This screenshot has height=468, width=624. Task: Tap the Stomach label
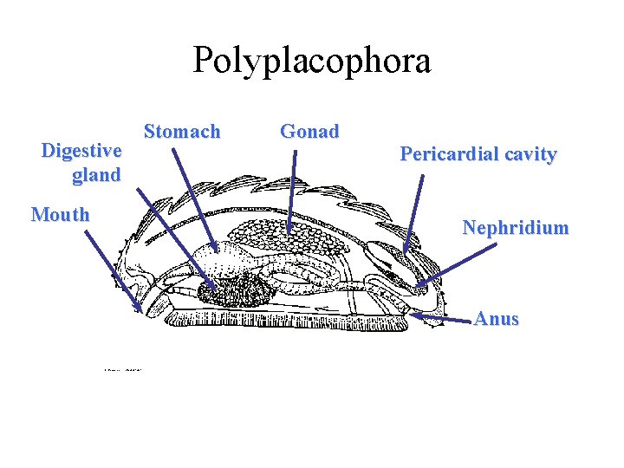pos(182,132)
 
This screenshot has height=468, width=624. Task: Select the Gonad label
pos(309,132)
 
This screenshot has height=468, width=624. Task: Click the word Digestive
pos(81,151)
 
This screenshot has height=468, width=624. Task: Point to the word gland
pos(96,175)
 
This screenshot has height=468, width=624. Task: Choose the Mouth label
pos(60,214)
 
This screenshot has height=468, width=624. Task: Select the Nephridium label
pos(516,228)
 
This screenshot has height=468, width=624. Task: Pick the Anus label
pos(497,318)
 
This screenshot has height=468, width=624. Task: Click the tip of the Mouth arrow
pos(141,309)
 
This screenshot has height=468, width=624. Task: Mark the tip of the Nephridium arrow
pos(415,287)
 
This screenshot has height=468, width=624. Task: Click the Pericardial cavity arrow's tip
pos(404,252)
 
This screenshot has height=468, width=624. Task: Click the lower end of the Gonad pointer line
pos(289,227)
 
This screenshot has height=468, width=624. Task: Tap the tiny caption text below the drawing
pos(123,369)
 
